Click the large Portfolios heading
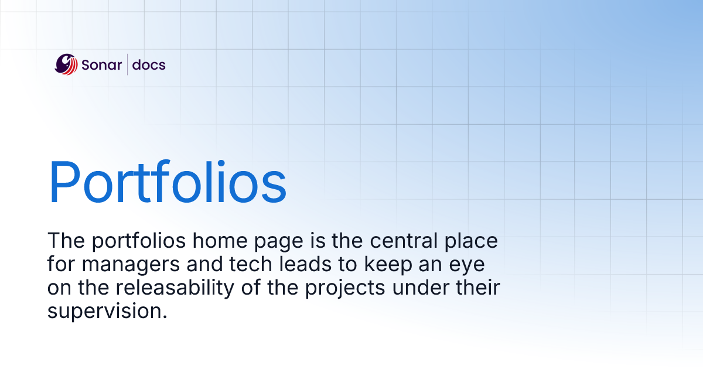coord(168,181)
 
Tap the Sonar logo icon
coord(66,64)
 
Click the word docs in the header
coord(149,65)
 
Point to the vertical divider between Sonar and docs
coord(128,64)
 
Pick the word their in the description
coord(478,288)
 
